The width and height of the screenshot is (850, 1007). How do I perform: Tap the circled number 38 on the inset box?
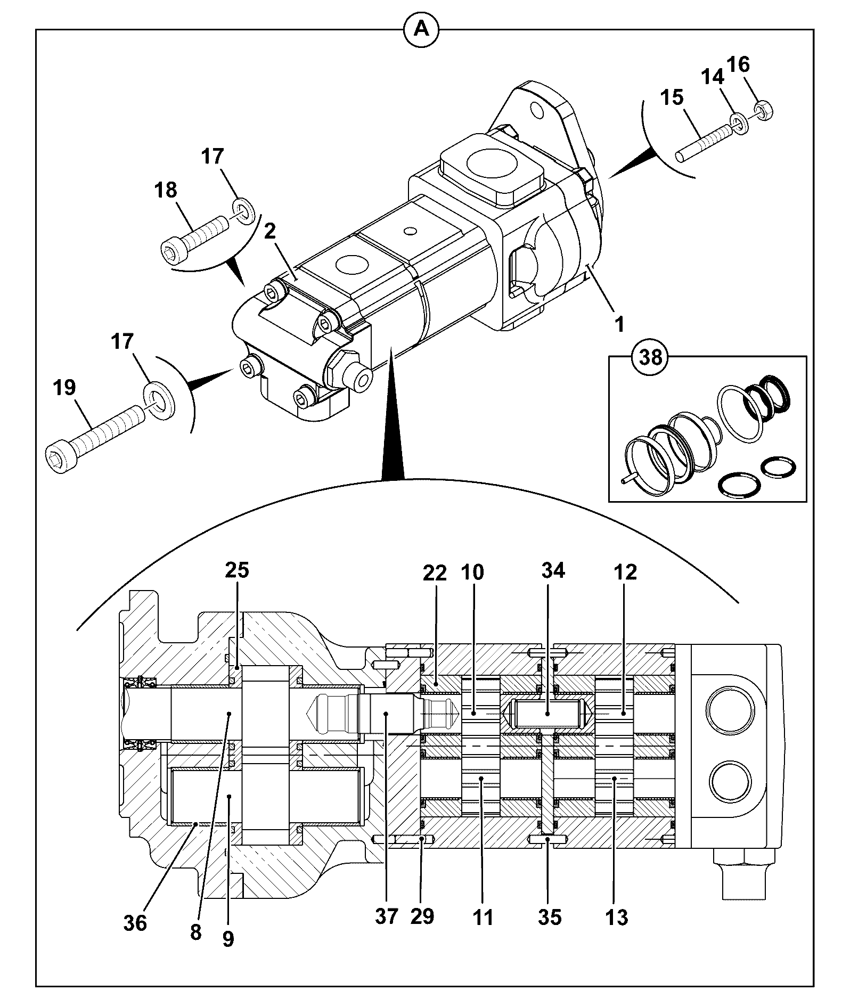(x=650, y=356)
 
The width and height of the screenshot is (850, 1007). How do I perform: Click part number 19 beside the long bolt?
(x=64, y=388)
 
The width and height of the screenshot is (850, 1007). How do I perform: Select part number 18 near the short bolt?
(x=166, y=190)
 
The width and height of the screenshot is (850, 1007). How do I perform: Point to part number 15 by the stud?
(x=672, y=97)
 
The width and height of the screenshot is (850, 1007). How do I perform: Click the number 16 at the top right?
(x=738, y=65)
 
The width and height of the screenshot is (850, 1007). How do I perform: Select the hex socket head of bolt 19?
(x=56, y=456)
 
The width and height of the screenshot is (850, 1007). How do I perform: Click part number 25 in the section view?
(x=237, y=570)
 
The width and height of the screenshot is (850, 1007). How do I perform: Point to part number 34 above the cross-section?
(x=553, y=570)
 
